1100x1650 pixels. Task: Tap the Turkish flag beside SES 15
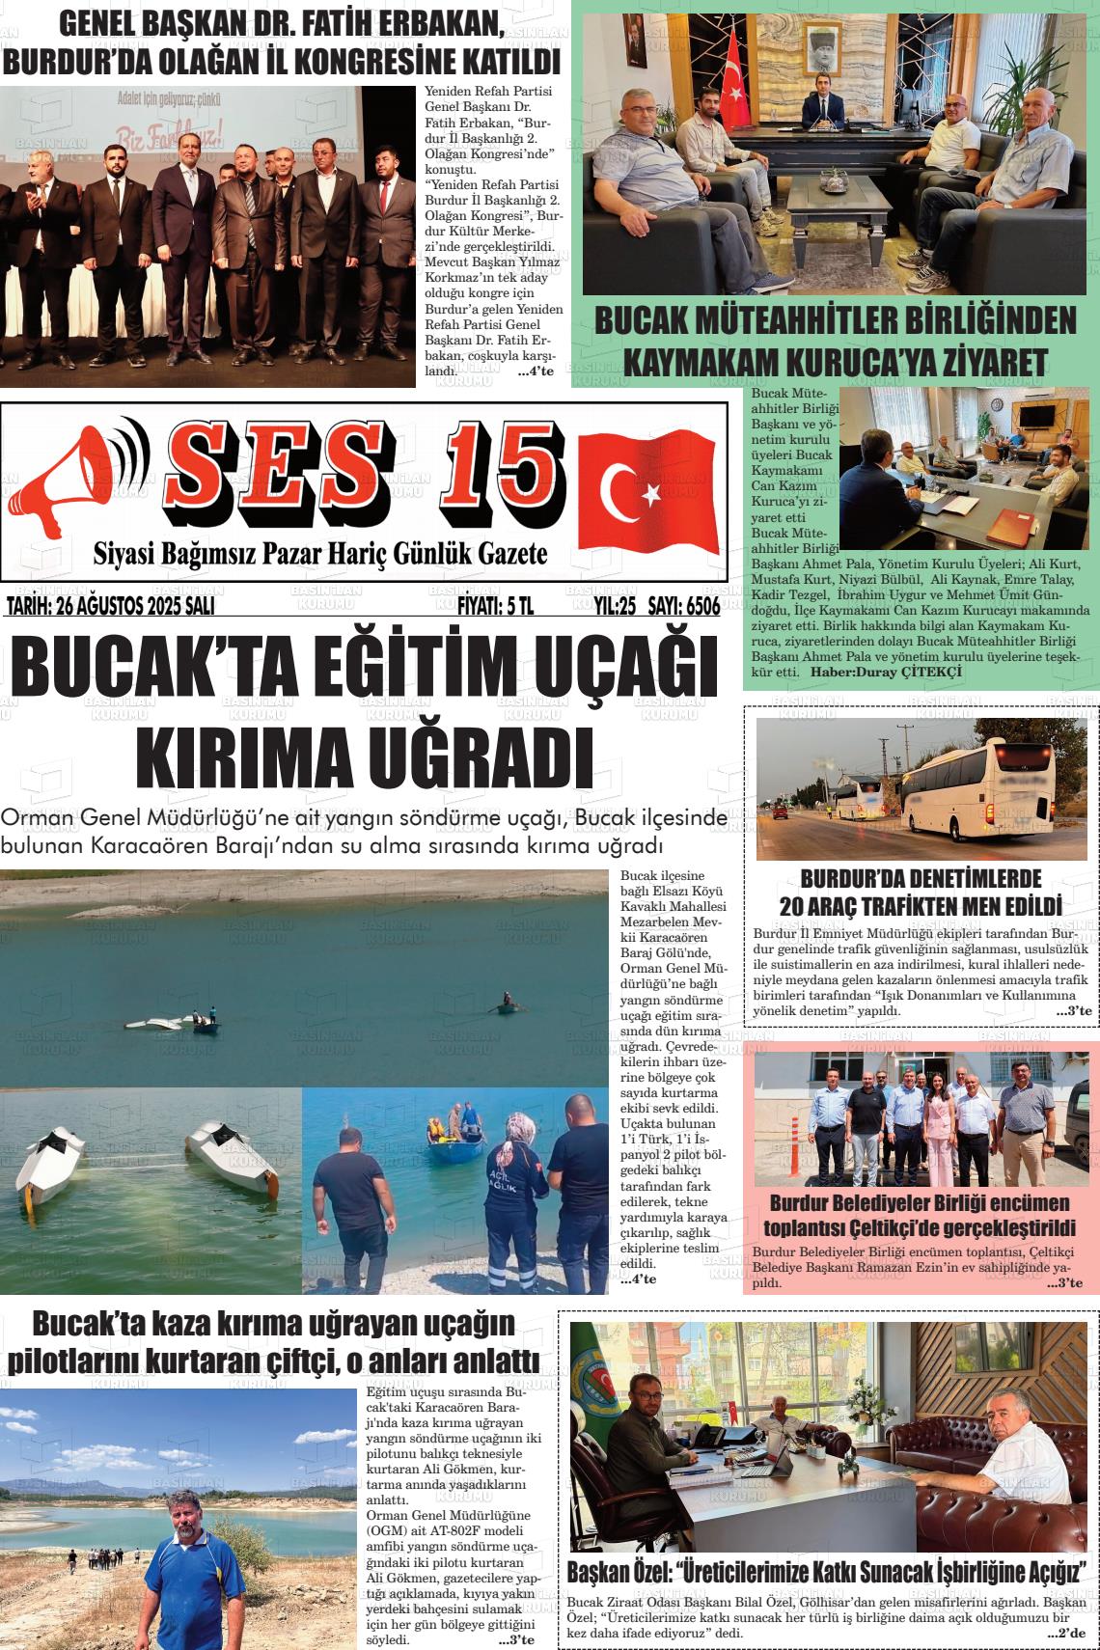click(x=647, y=488)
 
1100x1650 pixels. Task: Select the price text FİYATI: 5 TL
click(x=494, y=607)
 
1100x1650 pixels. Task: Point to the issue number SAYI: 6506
click(x=684, y=607)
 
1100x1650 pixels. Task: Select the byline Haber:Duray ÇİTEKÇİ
click(x=886, y=672)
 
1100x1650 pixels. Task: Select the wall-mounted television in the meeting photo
click(x=1036, y=416)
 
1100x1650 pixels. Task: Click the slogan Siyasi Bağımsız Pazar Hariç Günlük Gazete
click(x=319, y=554)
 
